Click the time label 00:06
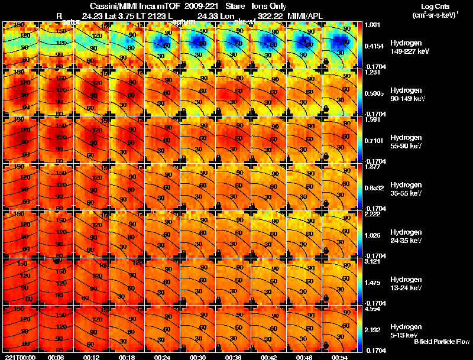pyautogui.click(x=56, y=357)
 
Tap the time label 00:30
pyautogui.click(x=197, y=357)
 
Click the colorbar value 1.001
pyautogui.click(x=374, y=25)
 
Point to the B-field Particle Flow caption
pyautogui.click(x=441, y=342)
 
